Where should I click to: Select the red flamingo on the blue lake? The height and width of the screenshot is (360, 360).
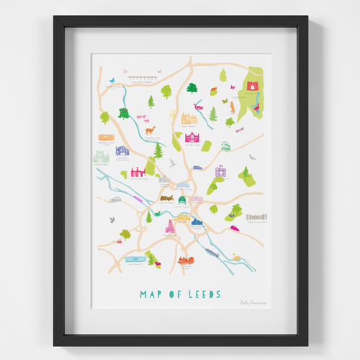point(256,109)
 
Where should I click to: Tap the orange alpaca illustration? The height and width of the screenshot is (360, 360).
point(150,130)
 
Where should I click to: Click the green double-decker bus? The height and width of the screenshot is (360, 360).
point(225,145)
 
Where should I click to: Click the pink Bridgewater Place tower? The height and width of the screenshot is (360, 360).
point(171,228)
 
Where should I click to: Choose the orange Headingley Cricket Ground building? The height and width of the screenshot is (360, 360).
point(108,138)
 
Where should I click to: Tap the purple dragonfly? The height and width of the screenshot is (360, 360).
point(239,130)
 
